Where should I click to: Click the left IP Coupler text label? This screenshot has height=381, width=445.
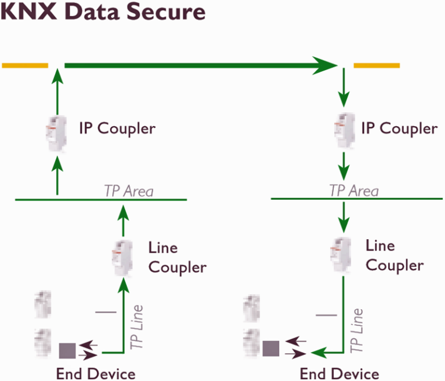coord(117,128)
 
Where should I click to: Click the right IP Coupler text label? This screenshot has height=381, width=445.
coord(399,128)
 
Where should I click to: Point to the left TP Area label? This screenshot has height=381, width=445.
coord(128,190)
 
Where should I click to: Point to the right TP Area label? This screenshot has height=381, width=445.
coord(353,190)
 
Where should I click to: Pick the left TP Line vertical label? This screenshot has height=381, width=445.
coord(137,328)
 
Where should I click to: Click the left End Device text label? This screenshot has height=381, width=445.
coord(96,373)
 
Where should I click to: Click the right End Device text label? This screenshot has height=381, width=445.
coord(340,373)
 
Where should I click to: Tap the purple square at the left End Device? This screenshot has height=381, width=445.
coord(67,351)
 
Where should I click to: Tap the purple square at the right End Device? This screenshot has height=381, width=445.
coord(271,349)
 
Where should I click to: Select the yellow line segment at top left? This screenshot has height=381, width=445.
coord(25,65)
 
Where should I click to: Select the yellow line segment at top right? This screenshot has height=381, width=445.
coord(377,65)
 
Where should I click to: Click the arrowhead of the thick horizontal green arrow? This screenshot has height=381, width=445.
coord(326,65)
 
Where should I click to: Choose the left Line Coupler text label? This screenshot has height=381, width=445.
coord(177,257)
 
